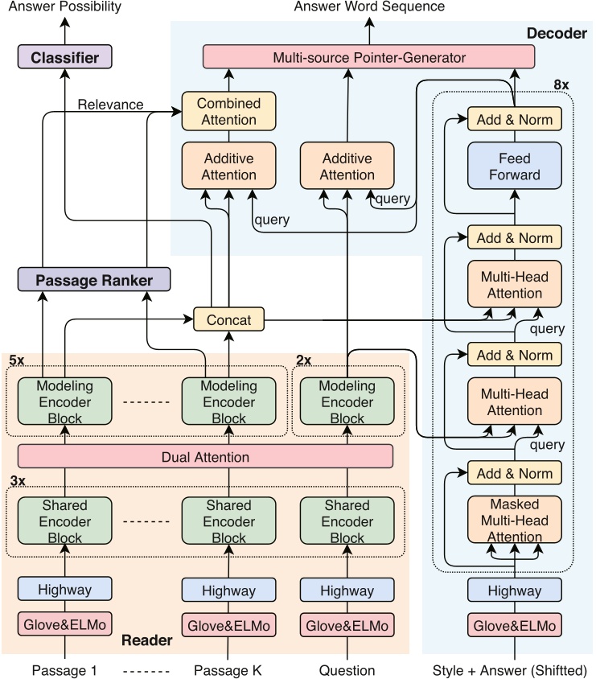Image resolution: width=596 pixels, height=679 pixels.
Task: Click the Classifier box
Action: pyautogui.click(x=64, y=57)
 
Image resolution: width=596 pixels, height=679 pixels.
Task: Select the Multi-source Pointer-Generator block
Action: pyautogui.click(x=369, y=57)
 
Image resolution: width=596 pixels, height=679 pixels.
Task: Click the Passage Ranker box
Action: pyautogui.click(x=95, y=279)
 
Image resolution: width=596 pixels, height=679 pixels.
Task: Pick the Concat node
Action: pyautogui.click(x=228, y=319)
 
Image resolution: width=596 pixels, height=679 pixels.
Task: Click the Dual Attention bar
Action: pyautogui.click(x=205, y=457)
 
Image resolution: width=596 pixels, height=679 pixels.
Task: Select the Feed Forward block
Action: pyautogui.click(x=515, y=167)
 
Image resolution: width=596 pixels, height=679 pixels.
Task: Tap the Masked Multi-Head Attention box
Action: pyautogui.click(x=515, y=521)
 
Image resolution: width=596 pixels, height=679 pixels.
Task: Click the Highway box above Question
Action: pyautogui.click(x=347, y=590)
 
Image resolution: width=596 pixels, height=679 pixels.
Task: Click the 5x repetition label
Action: pyautogui.click(x=17, y=359)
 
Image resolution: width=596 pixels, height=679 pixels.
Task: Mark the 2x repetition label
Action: pyautogui.click(x=304, y=359)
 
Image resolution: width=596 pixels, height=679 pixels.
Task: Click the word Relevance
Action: pyautogui.click(x=111, y=105)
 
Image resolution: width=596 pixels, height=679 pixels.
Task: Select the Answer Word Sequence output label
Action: pyautogui.click(x=369, y=7)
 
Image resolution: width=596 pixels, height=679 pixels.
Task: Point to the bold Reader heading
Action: pyautogui.click(x=146, y=640)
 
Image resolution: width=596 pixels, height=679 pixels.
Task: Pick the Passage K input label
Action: pyautogui.click(x=228, y=670)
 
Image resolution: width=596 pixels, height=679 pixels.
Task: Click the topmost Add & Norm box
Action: pyautogui.click(x=515, y=120)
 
